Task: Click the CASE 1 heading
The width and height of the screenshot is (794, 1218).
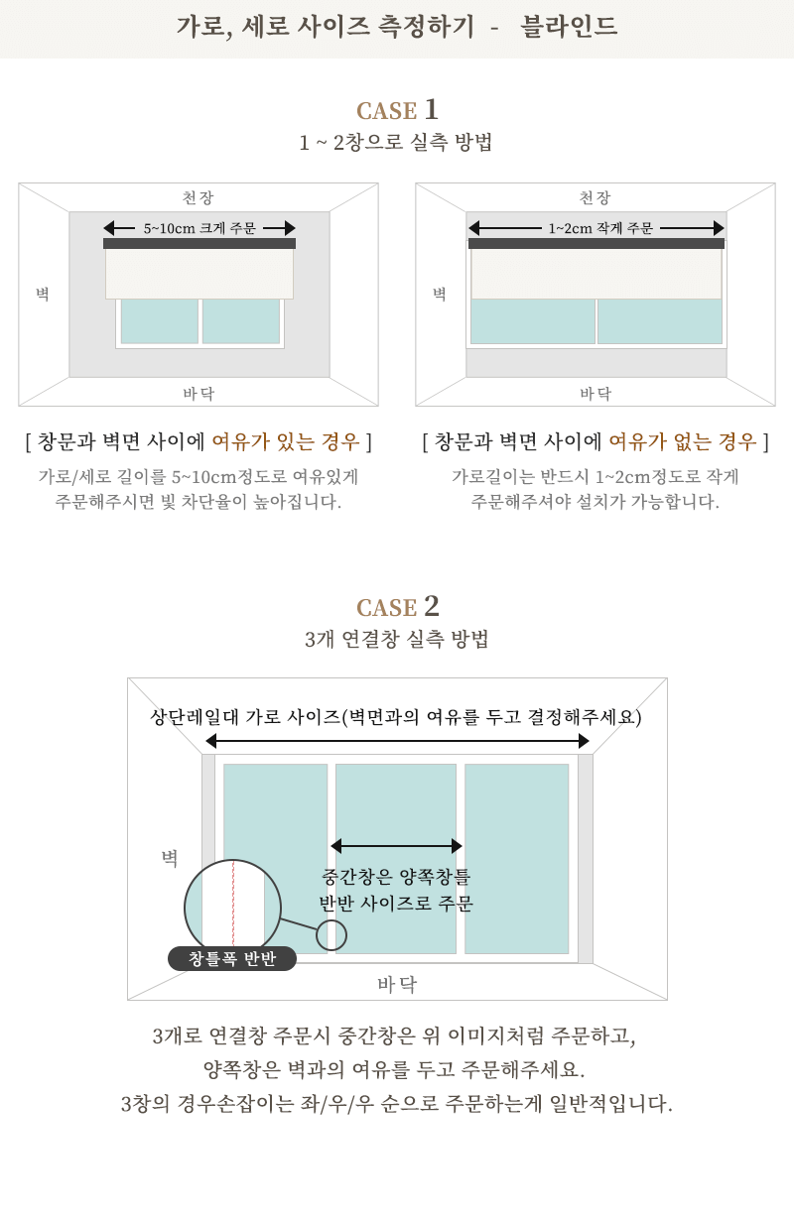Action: click(397, 110)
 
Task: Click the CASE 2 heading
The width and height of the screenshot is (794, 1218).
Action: click(397, 606)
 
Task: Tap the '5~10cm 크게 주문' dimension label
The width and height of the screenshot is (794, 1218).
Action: click(199, 228)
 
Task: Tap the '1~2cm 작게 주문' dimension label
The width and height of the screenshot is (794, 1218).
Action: click(600, 228)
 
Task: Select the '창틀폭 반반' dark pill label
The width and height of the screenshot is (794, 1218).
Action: click(232, 958)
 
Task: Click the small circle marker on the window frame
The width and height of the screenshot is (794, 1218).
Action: click(331, 935)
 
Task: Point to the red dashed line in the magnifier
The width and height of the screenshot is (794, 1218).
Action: click(233, 903)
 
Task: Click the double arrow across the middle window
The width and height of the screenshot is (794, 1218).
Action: click(396, 845)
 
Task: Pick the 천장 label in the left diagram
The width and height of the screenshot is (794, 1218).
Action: click(198, 197)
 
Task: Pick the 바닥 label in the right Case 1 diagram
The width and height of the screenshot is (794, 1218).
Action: click(595, 393)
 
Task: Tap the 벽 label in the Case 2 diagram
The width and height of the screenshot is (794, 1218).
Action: click(170, 858)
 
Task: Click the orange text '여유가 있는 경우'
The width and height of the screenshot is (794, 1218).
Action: click(286, 441)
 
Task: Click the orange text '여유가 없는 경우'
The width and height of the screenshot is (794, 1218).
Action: click(683, 441)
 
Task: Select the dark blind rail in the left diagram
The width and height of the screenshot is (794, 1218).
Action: click(199, 243)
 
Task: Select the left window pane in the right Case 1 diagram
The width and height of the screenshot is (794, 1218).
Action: click(533, 320)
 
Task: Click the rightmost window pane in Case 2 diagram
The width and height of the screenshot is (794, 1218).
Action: click(516, 859)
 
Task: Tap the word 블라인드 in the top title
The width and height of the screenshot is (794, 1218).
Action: click(569, 26)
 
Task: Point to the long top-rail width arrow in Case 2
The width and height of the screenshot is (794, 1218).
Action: click(397, 741)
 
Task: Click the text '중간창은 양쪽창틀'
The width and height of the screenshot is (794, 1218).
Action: click(396, 876)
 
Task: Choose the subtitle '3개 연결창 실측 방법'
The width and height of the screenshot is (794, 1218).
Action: click(396, 639)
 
